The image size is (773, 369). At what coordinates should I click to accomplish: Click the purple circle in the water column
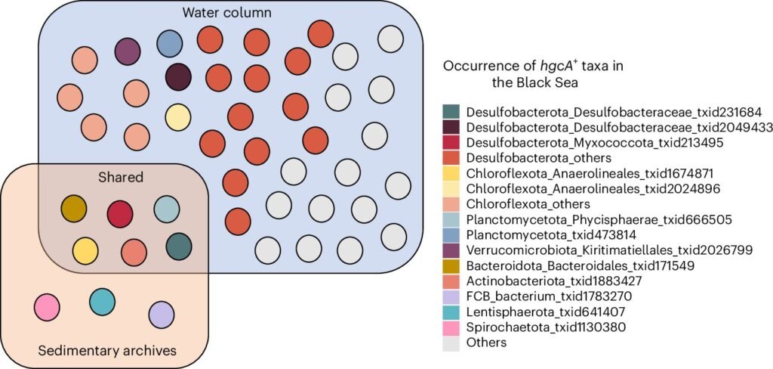click(128, 51)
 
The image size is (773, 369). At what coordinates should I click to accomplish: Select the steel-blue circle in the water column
click(170, 44)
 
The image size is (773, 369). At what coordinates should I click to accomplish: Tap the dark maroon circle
click(178, 77)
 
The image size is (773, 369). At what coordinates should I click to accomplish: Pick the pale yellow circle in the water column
click(178, 117)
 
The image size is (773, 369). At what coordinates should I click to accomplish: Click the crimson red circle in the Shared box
click(120, 215)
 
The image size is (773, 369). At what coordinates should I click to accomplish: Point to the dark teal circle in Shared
click(178, 247)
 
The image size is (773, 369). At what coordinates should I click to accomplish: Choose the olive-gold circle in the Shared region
click(74, 209)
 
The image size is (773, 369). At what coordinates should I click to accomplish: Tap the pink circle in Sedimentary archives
click(47, 307)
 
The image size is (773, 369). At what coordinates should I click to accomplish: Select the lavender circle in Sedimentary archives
click(162, 315)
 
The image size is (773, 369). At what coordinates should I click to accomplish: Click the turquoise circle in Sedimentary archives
click(103, 302)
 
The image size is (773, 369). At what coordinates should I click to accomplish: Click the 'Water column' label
click(226, 12)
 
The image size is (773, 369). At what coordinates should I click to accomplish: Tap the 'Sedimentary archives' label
click(107, 351)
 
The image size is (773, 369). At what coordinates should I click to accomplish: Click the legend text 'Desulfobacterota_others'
click(539, 158)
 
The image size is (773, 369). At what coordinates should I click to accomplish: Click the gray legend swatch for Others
click(451, 343)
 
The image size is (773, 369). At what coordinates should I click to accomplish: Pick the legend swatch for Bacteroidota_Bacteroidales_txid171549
click(451, 265)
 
